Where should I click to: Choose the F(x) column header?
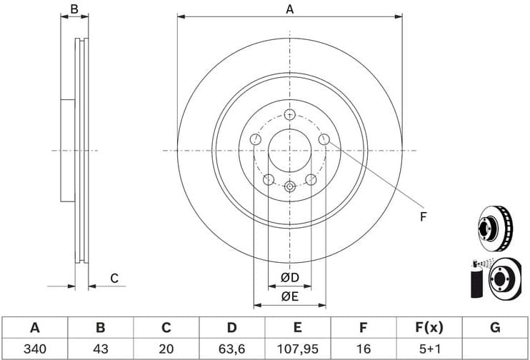click(429, 328)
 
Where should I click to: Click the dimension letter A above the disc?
click(289, 9)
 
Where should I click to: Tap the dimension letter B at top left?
click(74, 9)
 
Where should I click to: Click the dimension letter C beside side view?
click(113, 278)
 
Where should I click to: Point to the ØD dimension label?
click(289, 277)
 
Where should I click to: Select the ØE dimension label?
click(289, 296)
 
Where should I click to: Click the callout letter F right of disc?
click(423, 216)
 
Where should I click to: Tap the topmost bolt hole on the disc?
click(289, 115)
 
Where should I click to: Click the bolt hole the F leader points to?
click(324, 140)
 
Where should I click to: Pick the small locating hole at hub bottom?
click(289, 186)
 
